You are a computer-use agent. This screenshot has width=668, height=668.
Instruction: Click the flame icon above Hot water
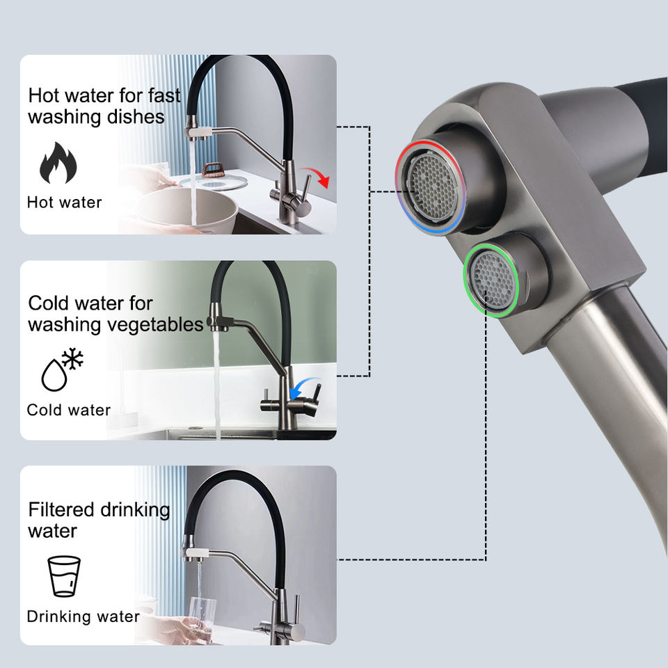pyautogui.click(x=58, y=163)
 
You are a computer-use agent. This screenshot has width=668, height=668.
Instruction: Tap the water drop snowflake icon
pyautogui.click(x=62, y=369)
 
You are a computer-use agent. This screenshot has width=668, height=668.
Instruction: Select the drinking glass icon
pyautogui.click(x=63, y=575)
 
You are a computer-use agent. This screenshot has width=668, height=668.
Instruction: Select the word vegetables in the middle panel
pyautogui.click(x=158, y=324)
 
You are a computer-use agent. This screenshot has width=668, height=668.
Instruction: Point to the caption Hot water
pyautogui.click(x=64, y=202)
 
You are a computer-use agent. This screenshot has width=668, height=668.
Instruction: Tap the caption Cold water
pyautogui.click(x=68, y=410)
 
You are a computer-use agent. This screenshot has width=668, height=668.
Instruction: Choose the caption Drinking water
pyautogui.click(x=83, y=617)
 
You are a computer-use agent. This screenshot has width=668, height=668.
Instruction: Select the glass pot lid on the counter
pyautogui.click(x=212, y=182)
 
